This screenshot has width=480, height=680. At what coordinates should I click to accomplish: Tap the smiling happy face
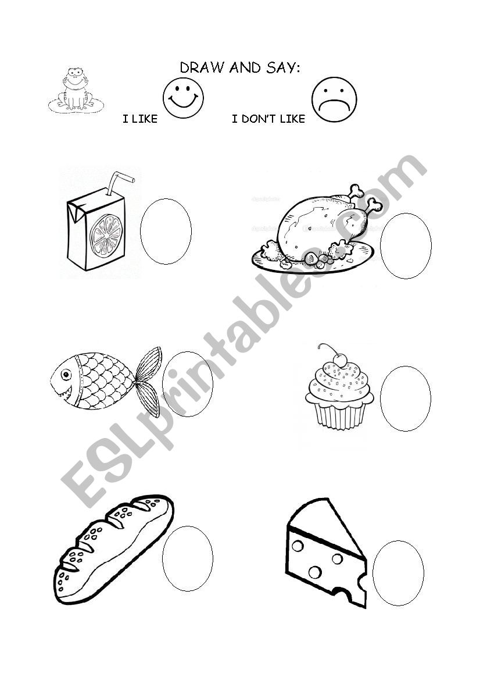[183, 98]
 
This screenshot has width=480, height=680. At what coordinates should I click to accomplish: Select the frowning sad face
[334, 100]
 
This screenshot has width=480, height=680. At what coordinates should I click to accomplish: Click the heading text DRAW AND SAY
[240, 68]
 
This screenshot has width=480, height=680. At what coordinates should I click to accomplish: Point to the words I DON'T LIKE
[268, 119]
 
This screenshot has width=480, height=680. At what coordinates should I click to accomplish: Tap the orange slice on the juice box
[106, 234]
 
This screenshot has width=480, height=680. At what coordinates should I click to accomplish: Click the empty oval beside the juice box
[166, 232]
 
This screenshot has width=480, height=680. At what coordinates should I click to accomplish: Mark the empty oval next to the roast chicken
[406, 246]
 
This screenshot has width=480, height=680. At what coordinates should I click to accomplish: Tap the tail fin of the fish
[148, 381]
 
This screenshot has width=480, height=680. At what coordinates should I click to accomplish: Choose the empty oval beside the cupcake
[405, 398]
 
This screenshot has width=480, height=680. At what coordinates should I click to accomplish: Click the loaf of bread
[113, 550]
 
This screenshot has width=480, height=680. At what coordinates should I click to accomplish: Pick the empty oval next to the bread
[187, 558]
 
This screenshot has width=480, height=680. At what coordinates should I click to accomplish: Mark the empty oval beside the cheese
[398, 572]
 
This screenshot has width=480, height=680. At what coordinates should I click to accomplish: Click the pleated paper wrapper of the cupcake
[339, 415]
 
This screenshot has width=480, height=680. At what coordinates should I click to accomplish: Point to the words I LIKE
[140, 119]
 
